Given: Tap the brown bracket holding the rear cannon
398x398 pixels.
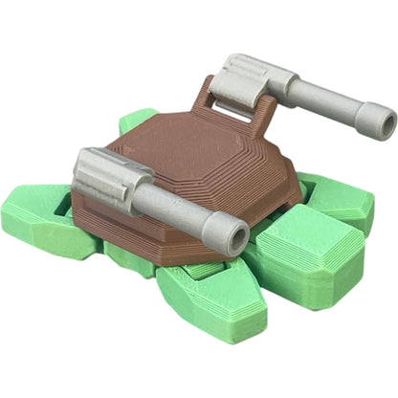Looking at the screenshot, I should pos(215,100).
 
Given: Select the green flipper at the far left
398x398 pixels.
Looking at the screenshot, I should pos(38,220).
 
